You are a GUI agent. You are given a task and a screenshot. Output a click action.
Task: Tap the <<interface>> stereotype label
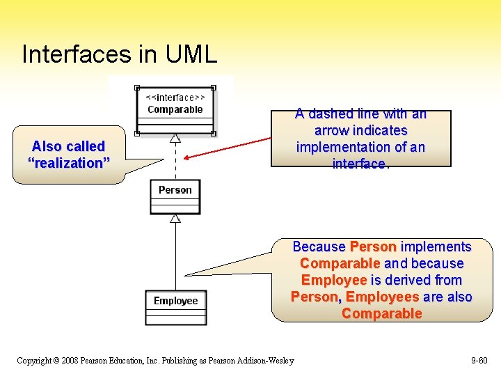coord(175,98)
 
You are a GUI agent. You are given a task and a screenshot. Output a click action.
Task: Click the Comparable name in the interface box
coord(175,109)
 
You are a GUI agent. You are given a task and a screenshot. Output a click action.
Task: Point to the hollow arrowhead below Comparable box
coord(175,138)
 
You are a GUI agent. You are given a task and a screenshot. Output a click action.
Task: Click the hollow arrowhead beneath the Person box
coord(175,218)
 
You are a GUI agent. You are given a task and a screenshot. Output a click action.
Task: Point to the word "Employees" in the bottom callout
coord(383,297)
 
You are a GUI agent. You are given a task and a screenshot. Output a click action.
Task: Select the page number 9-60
coord(479,361)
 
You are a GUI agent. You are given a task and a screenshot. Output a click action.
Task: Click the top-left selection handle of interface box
coord(138,88)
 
